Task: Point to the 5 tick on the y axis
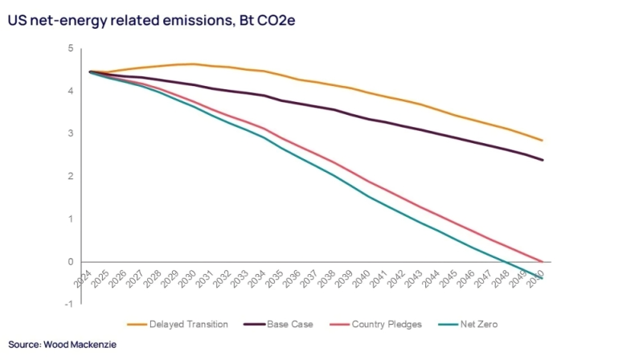71,49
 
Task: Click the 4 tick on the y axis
71,92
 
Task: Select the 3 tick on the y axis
71,134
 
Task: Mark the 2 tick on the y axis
71,177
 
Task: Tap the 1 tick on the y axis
71,219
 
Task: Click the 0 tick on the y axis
71,262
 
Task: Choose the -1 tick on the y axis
69,304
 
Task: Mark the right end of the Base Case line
543,160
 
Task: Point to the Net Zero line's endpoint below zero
543,278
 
